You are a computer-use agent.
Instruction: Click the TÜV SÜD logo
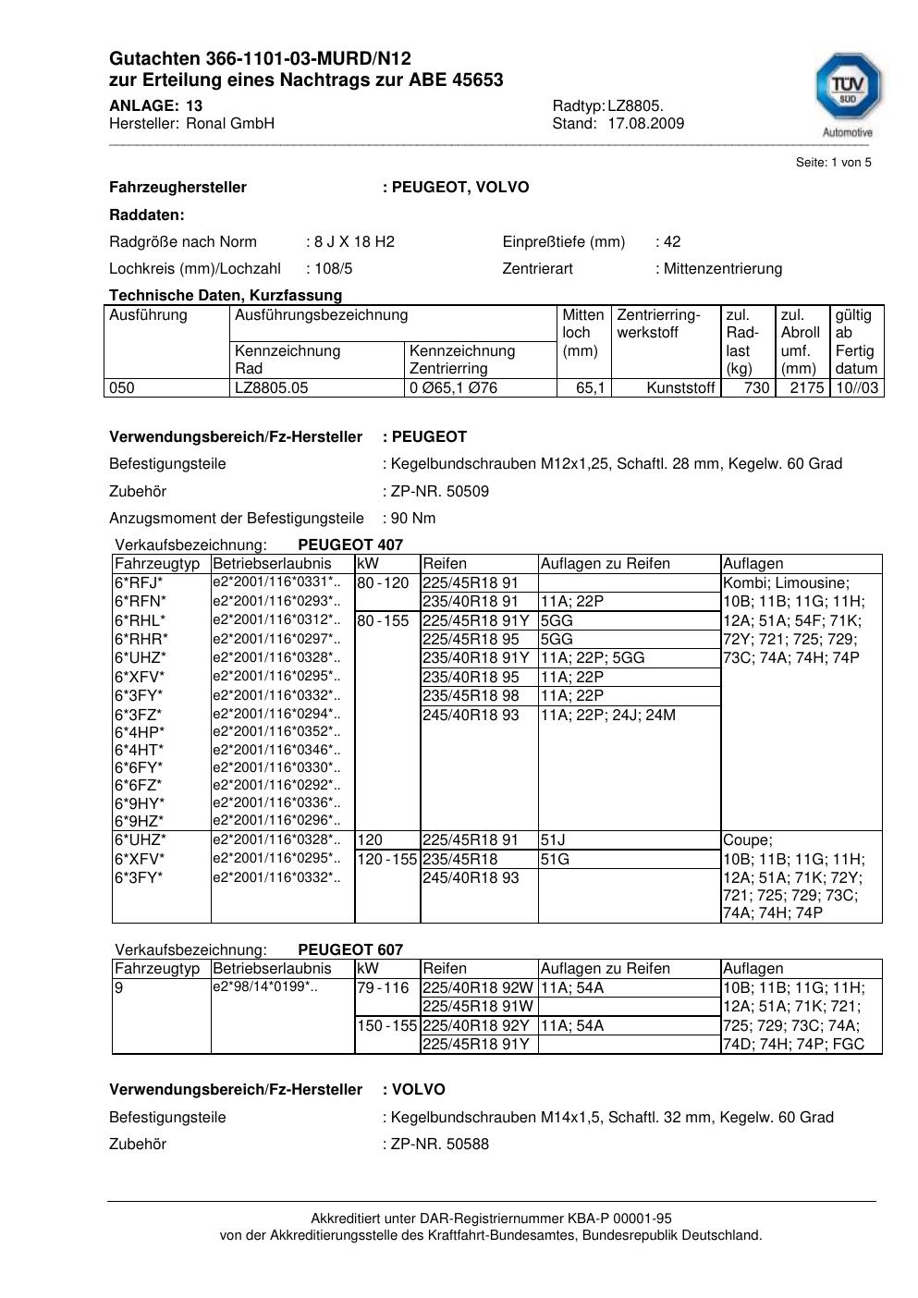pyautogui.click(x=847, y=90)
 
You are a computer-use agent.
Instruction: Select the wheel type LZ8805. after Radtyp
pyautogui.click(x=635, y=106)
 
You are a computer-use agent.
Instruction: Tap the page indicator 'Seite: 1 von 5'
pyautogui.click(x=833, y=163)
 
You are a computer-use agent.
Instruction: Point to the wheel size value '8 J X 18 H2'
pyautogui.click(x=354, y=242)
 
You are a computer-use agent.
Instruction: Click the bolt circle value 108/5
pyautogui.click(x=334, y=269)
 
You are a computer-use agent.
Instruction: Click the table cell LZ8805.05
pyautogui.click(x=271, y=388)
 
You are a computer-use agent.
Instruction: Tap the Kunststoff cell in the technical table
pyautogui.click(x=680, y=388)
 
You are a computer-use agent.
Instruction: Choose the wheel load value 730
pyautogui.click(x=756, y=388)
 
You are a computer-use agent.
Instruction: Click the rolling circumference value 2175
pyautogui.click(x=806, y=388)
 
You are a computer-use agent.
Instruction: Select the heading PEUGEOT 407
pyautogui.click(x=350, y=545)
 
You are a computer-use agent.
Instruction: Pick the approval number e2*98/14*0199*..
pyautogui.click(x=265, y=987)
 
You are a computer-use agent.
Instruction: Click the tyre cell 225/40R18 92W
pyautogui.click(x=477, y=987)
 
